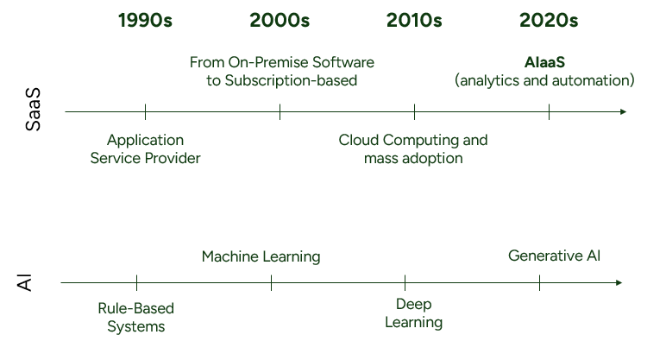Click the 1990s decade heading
point(145,21)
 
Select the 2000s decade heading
point(280,21)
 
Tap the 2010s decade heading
point(414,21)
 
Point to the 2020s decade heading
point(549,21)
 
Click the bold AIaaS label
point(544,62)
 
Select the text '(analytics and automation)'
point(544,80)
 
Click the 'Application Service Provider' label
point(145,149)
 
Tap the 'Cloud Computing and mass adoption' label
point(413,149)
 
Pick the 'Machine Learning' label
point(261,256)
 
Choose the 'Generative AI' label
point(555,256)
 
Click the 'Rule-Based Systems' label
point(136,318)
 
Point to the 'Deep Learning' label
point(414,313)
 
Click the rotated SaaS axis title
point(33,110)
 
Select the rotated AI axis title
point(25,282)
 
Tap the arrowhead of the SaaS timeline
point(624,111)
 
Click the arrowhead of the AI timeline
point(619,282)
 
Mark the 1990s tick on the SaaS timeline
point(145,111)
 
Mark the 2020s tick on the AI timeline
point(539,282)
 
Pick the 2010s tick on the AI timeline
point(405,282)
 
